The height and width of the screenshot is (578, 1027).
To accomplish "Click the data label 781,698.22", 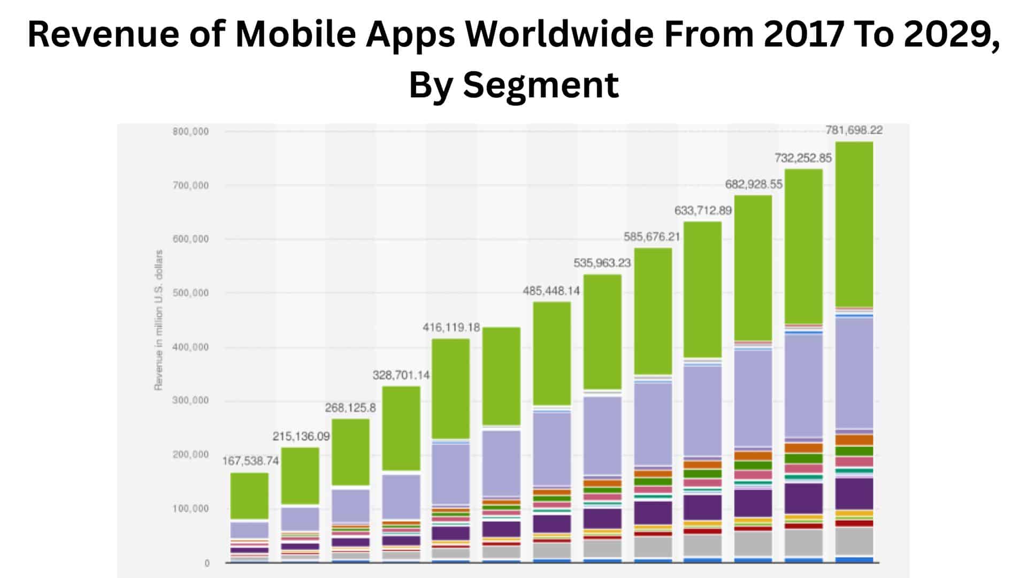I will [x=854, y=130].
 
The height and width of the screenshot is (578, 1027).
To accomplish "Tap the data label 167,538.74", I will [x=250, y=461].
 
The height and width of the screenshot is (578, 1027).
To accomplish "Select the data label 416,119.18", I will [x=451, y=327].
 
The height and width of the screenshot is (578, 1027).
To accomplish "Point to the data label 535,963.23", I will [x=602, y=263].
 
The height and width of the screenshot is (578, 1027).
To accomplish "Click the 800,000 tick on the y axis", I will [x=190, y=132].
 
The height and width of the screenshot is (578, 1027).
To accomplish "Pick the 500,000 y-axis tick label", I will [x=190, y=293].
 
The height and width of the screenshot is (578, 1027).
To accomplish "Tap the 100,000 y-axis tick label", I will [x=190, y=508].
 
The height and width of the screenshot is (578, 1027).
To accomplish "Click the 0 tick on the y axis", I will [x=206, y=563].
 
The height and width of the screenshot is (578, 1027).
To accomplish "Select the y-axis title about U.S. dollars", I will [x=158, y=320].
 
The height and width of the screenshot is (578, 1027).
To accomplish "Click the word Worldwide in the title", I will [x=559, y=34].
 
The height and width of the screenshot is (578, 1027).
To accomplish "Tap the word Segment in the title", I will [x=540, y=85].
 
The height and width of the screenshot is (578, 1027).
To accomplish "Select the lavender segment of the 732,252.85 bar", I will [x=803, y=385].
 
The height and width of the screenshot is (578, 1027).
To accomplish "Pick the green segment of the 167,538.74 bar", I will [x=249, y=496].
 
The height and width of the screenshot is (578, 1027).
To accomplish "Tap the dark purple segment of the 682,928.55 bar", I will [x=753, y=503].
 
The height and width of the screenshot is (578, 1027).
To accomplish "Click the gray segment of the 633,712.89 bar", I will [x=703, y=545].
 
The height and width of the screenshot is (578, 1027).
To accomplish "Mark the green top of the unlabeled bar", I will [x=501, y=376].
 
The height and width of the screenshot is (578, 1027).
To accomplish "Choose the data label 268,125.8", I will [x=350, y=408].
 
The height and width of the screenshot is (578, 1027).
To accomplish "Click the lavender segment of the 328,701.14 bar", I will [x=401, y=496].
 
